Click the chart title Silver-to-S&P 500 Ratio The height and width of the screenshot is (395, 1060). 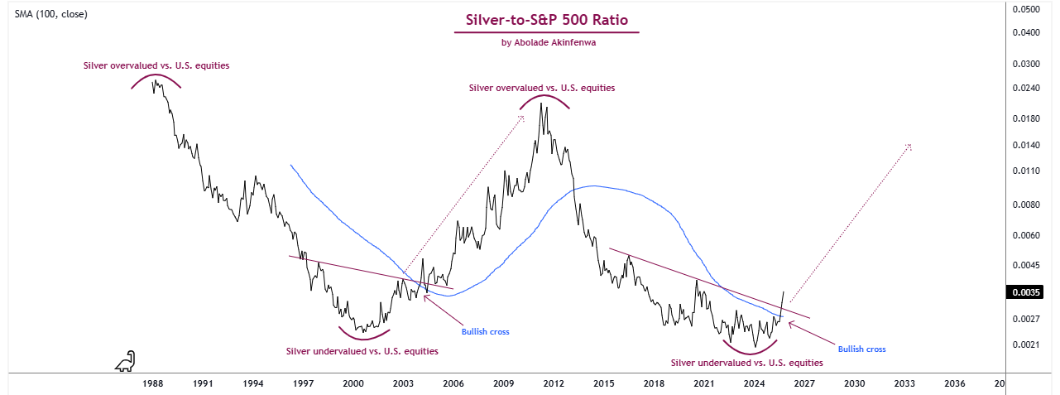coord(546,19)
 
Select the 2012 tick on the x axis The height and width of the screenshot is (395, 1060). coord(554,384)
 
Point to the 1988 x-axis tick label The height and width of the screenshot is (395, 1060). coord(152,384)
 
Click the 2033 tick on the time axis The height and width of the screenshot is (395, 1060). coord(904,384)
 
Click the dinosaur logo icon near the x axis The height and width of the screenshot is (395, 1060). coord(125,361)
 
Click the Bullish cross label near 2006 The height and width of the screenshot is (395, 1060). coord(485,332)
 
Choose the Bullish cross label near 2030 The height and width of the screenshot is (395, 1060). coord(861,349)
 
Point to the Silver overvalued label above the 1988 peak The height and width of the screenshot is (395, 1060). coord(156,65)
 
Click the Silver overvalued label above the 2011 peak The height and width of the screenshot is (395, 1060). coord(542,88)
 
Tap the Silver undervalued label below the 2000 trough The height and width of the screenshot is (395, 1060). coord(362,351)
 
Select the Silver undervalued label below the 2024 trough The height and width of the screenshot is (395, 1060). coord(746,363)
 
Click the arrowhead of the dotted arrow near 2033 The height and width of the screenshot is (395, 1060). coord(909,146)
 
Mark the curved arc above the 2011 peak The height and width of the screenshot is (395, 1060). coord(544,99)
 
